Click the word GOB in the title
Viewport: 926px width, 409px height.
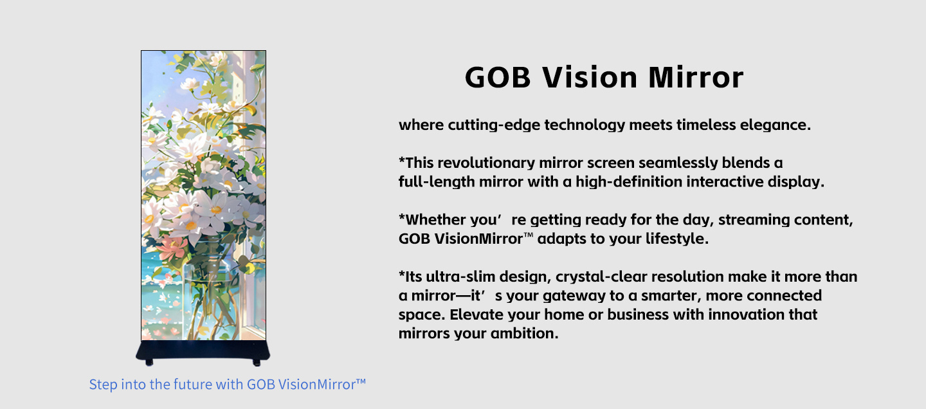tap(498, 77)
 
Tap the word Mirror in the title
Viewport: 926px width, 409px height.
tap(696, 77)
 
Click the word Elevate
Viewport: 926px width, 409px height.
tap(477, 314)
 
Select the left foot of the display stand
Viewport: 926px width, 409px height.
tap(149, 363)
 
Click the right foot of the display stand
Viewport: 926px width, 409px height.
tap(257, 363)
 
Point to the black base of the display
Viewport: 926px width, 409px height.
tap(203, 350)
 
